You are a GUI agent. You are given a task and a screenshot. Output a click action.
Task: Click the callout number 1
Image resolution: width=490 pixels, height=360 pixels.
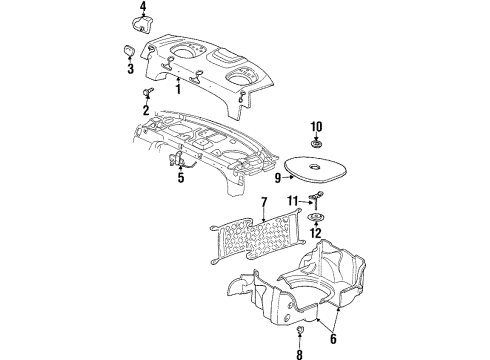click(x=179, y=90)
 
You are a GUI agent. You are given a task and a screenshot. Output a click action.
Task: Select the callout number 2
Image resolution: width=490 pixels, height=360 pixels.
click(x=145, y=108)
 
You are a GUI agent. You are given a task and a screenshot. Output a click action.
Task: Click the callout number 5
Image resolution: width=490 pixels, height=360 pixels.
click(x=180, y=180)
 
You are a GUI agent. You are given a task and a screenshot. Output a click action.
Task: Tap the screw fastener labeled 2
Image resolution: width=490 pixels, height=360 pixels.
click(x=146, y=93)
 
